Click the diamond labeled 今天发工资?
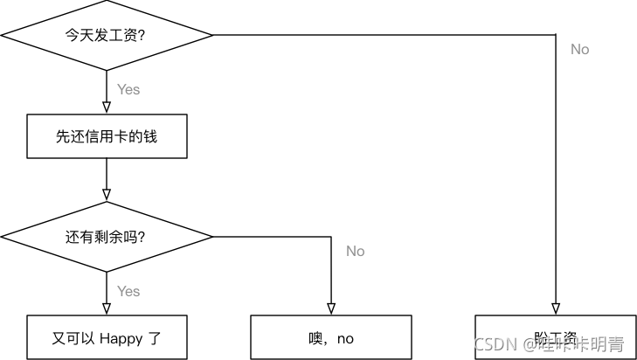point(107,36)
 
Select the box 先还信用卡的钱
point(107,137)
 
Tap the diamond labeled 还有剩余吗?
point(107,237)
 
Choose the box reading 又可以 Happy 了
point(107,338)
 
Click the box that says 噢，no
point(331,338)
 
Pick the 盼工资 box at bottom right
point(555,338)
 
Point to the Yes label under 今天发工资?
point(128,89)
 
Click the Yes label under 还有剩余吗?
point(128,291)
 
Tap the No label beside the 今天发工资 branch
point(580,50)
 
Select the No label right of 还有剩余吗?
point(355,252)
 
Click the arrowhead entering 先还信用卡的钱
point(107,108)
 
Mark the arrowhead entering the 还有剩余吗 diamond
point(107,195)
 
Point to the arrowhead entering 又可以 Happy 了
point(107,308)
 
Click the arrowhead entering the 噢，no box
point(331,308)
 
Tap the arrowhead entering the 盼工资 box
point(555,308)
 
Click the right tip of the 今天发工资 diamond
point(211,36)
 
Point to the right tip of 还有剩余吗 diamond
point(211,237)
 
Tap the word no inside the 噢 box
point(344,339)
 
